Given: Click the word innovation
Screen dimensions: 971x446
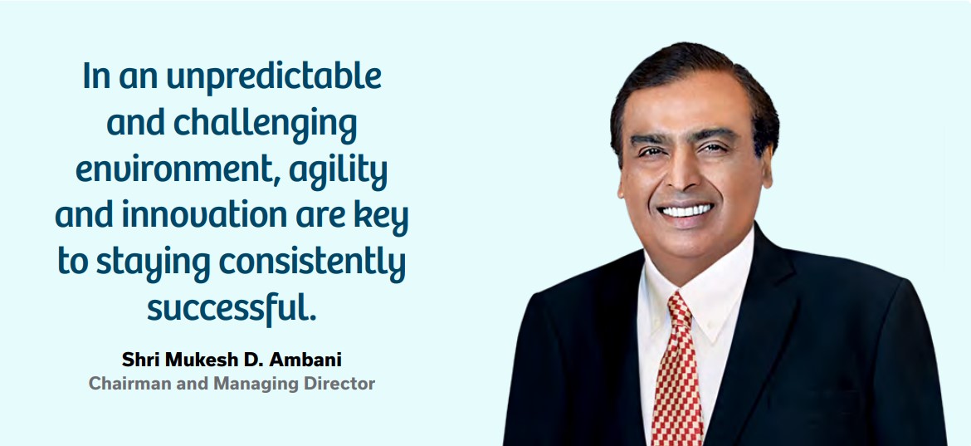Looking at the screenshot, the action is pyautogui.click(x=203, y=216).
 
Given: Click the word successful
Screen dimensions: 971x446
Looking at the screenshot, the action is pyautogui.click(x=232, y=306).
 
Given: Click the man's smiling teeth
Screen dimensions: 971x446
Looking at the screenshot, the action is pyautogui.click(x=686, y=210).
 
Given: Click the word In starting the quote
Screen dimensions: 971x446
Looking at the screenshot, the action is pyautogui.click(x=97, y=76).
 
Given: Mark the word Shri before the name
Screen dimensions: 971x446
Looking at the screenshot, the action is pyautogui.click(x=135, y=360).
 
